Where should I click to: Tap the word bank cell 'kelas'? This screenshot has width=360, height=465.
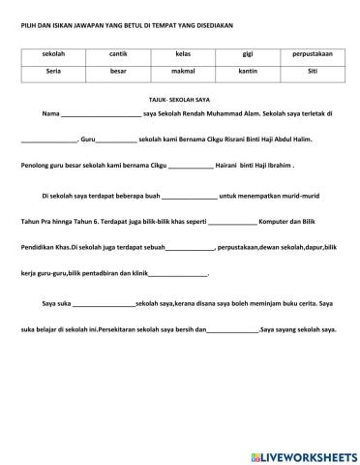pos(183,55)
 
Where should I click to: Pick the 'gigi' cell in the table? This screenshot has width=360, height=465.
pos(248,55)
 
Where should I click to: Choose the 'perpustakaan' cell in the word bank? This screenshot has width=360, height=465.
pos(312,55)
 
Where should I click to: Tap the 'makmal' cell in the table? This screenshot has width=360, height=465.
pos(183,72)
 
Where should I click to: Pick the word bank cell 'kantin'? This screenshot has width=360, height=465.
pos(248,72)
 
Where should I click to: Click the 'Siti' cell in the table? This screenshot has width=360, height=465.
pos(312,72)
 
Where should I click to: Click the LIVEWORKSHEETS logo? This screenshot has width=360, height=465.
pos(303,454)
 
